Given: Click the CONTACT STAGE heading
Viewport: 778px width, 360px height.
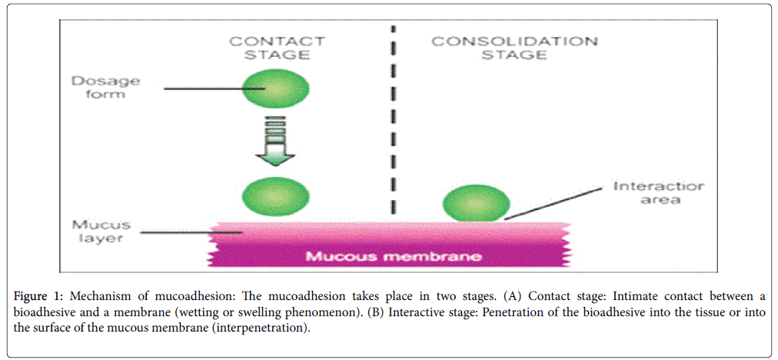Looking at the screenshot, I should click(x=277, y=48).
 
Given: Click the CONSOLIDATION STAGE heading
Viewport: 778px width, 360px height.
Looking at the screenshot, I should click(x=514, y=48).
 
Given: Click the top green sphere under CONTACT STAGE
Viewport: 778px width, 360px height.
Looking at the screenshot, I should click(x=277, y=88).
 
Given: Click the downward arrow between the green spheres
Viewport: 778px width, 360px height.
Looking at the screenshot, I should click(x=277, y=142).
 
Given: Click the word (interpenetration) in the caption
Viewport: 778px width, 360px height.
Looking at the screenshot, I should click(x=265, y=328).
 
